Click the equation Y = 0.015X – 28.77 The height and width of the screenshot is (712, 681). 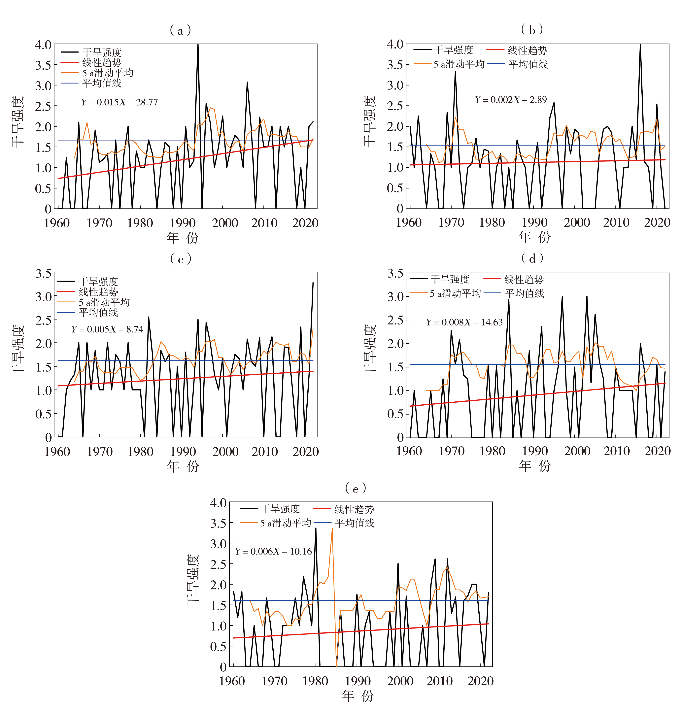coord(119,102)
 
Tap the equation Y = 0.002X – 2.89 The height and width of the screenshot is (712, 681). coord(511,100)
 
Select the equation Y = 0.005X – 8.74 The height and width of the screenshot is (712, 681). coord(107,329)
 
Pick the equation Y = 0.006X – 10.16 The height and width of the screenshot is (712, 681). coord(273,552)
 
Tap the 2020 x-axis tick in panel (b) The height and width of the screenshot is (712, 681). coord(657,222)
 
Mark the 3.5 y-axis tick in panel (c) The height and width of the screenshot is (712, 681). coord(43,273)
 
